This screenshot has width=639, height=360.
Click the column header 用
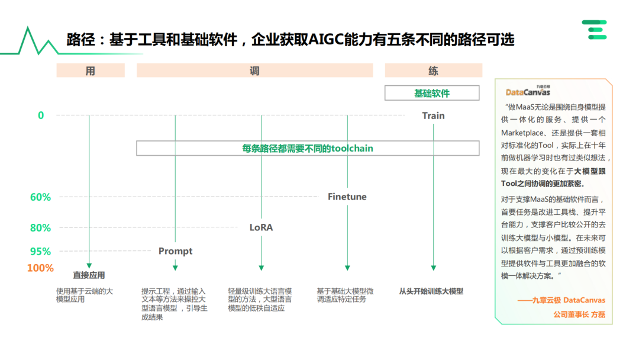coord(90,70)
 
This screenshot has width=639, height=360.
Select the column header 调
coord(254,70)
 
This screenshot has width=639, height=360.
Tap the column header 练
coord(433,70)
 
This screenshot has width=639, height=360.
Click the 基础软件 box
coord(432,93)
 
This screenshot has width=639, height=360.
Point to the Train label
coord(433,115)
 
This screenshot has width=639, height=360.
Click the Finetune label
coord(347,197)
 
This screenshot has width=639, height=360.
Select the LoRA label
coord(261,227)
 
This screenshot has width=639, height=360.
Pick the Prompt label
coord(175,251)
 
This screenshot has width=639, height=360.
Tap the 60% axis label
coord(41,197)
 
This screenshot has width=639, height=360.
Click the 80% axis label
coord(41,227)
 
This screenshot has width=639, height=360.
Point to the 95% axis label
coord(41,251)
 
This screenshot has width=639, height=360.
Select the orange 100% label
coord(40,268)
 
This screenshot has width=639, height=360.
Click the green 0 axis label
coord(41,115)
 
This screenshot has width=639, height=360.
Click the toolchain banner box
coord(308,148)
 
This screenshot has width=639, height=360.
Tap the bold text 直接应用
coord(89,275)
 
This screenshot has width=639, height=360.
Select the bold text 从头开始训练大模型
coord(431,291)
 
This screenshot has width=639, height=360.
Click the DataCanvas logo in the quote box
coord(528,91)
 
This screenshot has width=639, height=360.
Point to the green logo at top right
coord(594,30)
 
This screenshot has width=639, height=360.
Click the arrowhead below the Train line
coord(433,268)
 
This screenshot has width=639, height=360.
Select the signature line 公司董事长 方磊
coord(579,314)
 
